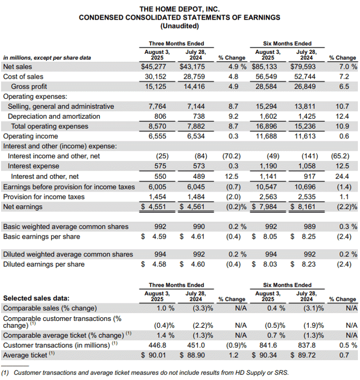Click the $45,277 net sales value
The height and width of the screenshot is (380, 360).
point(154,66)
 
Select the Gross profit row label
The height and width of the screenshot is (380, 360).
point(29,87)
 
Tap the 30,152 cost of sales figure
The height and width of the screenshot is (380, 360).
point(156,77)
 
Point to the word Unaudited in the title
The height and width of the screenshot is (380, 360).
point(179,26)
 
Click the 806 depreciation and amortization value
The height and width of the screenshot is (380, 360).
point(160,116)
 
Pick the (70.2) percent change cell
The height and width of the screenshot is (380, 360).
point(232,156)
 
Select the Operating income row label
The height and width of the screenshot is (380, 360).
point(31,136)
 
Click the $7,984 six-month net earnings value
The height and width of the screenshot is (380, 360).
point(264,207)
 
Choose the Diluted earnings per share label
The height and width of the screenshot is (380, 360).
point(44,264)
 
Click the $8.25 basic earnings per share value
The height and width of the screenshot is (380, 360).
point(303,236)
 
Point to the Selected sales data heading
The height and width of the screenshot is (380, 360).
point(36,298)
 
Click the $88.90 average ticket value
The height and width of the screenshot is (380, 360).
point(192,355)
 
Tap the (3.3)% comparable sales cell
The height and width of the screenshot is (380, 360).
point(203,308)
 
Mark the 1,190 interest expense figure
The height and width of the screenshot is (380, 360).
point(268,166)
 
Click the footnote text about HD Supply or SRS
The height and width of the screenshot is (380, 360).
point(145,373)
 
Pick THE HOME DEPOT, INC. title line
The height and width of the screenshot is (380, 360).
point(179,9)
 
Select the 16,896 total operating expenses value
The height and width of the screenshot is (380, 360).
point(266,126)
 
